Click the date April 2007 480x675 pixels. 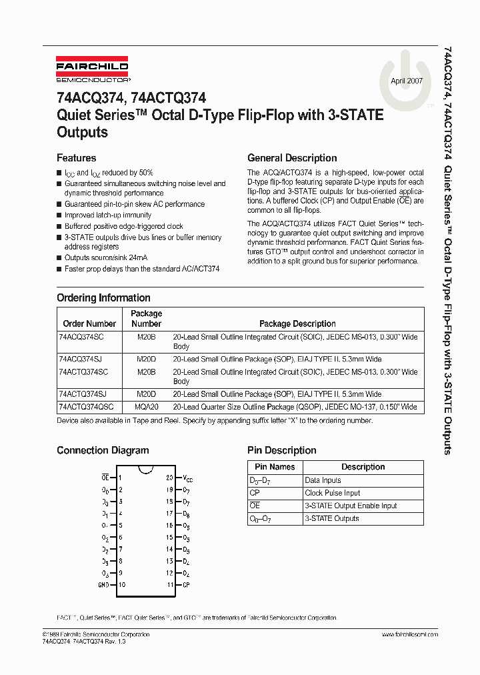point(406,80)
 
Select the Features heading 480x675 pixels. point(77,158)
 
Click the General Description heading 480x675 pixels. point(292,158)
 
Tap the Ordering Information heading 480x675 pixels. point(103,298)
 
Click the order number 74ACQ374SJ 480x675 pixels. point(81,359)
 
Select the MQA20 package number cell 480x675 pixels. point(146,407)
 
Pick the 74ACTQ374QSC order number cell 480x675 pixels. point(86,407)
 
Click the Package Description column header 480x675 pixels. point(297,323)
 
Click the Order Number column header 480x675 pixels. point(89,323)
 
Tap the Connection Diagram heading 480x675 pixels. point(103,451)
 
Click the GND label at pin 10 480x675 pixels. point(103,585)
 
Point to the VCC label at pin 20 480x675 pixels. point(188,478)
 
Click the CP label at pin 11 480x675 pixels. point(187,585)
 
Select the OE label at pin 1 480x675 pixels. point(105,478)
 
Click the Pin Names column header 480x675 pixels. point(275,467)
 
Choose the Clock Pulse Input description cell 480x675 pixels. point(332,493)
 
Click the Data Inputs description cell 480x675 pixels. point(323,480)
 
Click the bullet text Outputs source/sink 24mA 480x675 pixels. point(106,257)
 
